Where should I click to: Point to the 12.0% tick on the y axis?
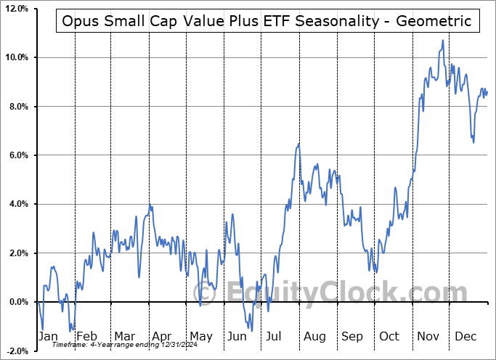click(x=16, y=9)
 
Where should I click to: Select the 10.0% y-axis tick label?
click(x=16, y=57)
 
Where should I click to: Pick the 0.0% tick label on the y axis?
click(x=18, y=302)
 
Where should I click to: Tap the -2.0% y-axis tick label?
click(x=17, y=351)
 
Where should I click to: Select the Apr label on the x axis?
click(x=161, y=337)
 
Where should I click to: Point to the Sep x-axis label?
click(x=353, y=337)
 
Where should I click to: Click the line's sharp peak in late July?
click(x=298, y=144)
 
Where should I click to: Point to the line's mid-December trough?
click(x=473, y=142)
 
